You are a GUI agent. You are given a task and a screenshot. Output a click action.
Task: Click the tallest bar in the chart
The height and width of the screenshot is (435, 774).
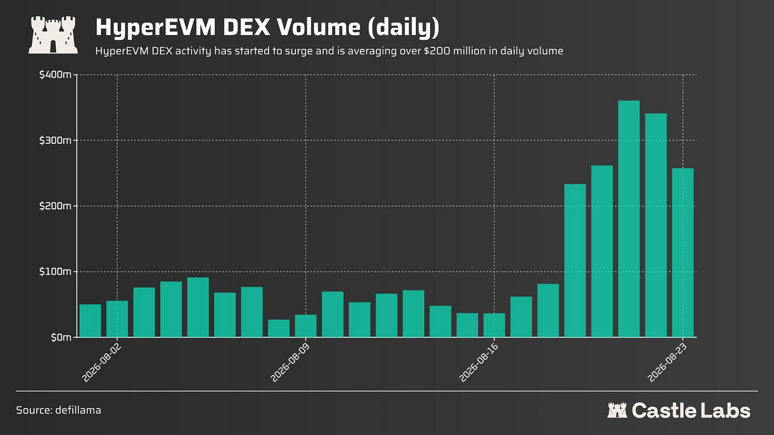click(x=629, y=219)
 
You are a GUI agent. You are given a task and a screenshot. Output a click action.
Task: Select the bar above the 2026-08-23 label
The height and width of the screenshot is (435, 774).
click(x=683, y=253)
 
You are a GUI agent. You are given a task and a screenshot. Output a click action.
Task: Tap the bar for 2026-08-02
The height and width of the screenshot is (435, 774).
click(x=117, y=319)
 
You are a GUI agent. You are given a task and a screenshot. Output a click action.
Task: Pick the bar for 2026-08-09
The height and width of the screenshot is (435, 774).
click(x=306, y=326)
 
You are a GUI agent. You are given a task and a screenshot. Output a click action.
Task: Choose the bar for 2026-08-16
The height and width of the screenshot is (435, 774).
click(x=494, y=325)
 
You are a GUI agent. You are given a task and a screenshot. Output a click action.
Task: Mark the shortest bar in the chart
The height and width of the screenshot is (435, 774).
click(x=279, y=328)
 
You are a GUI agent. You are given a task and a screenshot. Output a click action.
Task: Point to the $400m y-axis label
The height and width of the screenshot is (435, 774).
click(x=55, y=74)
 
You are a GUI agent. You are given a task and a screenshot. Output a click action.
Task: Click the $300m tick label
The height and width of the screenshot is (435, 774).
click(x=55, y=140)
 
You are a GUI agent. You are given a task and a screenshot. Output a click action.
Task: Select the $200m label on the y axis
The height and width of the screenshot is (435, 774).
click(x=55, y=206)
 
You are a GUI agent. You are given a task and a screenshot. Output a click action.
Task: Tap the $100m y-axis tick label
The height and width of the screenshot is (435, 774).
click(x=55, y=272)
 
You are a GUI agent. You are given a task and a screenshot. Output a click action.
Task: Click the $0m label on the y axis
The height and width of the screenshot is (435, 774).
click(x=61, y=337)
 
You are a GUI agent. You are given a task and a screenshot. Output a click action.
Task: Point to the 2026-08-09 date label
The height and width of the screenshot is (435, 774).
click(x=289, y=363)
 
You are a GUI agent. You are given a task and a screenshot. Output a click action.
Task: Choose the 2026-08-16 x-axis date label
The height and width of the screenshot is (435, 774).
click(x=478, y=363)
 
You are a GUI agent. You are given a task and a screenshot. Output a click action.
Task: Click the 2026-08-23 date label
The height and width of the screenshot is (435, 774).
click(x=667, y=363)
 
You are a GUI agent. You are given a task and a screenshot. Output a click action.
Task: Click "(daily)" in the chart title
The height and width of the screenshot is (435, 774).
click(x=403, y=28)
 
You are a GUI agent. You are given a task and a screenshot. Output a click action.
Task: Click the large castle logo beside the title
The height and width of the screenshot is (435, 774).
click(x=53, y=35)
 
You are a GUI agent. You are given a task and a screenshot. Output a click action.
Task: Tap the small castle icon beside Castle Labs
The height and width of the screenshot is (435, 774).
click(x=617, y=410)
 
